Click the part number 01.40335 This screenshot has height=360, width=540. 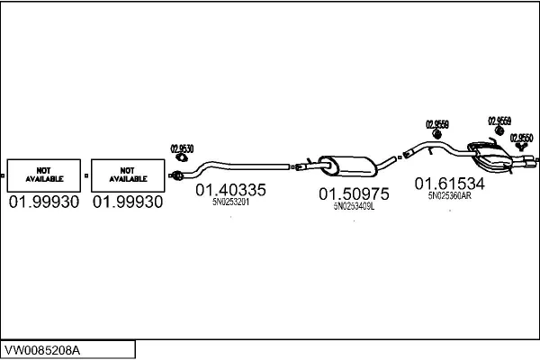pyautogui.click(x=230, y=190)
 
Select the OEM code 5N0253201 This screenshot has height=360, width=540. pyautogui.click(x=230, y=203)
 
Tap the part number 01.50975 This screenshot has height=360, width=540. pyautogui.click(x=353, y=193)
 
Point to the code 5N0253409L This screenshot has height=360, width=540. pyautogui.click(x=353, y=206)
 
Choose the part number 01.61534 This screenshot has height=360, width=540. pyautogui.click(x=449, y=184)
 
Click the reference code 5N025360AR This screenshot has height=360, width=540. pyautogui.click(x=449, y=195)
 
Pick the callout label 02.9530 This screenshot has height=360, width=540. pyautogui.click(x=182, y=148)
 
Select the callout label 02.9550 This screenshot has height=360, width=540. pyautogui.click(x=522, y=138)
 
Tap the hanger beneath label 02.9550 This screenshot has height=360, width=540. pyautogui.click(x=519, y=148)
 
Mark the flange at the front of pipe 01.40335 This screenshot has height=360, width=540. pyautogui.click(x=178, y=174)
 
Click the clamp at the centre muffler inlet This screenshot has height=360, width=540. pyautogui.click(x=311, y=165)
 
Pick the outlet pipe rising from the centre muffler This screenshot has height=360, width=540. pyautogui.click(x=386, y=162)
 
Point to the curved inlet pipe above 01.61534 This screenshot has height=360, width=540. pyautogui.click(x=432, y=146)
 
